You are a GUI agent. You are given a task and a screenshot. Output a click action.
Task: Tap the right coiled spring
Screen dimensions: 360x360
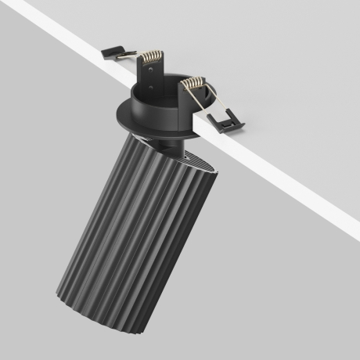[x=193, y=83]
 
